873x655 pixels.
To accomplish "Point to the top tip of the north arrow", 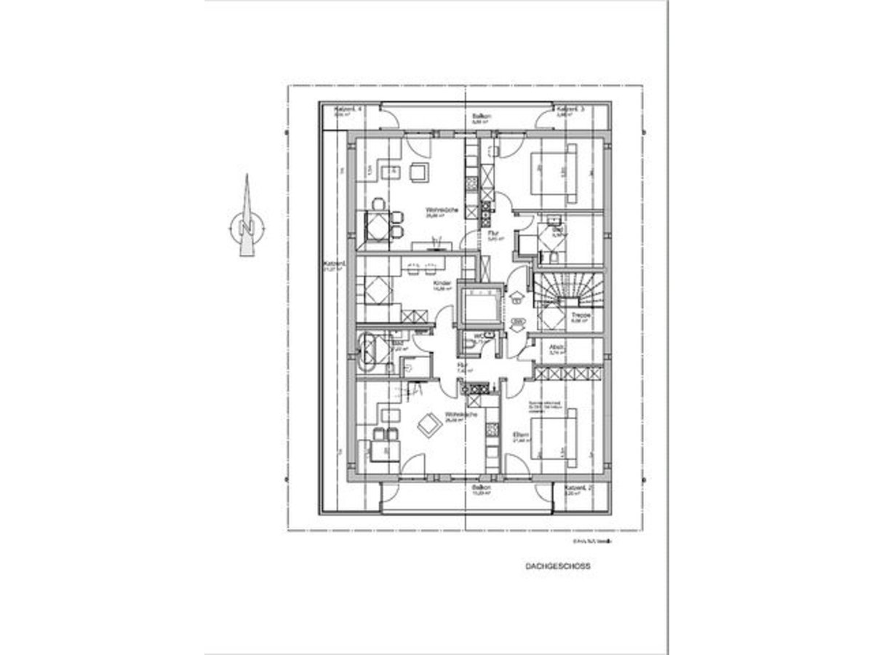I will click(x=246, y=176).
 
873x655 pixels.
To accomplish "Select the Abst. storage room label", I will click(x=557, y=347).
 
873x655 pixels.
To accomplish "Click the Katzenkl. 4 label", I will click(x=348, y=108).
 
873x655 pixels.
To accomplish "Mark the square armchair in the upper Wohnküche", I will click(x=419, y=172).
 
